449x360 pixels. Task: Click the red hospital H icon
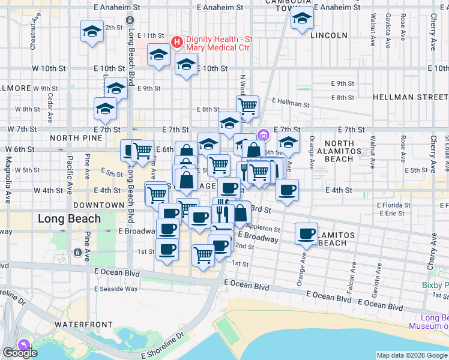pyautogui.click(x=177, y=42)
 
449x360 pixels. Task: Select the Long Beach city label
pyautogui.click(x=69, y=218)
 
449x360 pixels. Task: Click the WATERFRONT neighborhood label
pyautogui.click(x=83, y=325)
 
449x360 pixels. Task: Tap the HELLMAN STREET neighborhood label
pyautogui.click(x=410, y=97)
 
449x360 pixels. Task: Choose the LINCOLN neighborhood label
pyautogui.click(x=329, y=35)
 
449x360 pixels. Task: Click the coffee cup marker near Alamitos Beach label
pyautogui.click(x=306, y=233)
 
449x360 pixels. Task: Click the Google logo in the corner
pyautogui.click(x=19, y=353)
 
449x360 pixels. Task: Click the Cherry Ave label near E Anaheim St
pyautogui.click(x=433, y=24)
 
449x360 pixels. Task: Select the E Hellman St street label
pyautogui.click(x=291, y=103)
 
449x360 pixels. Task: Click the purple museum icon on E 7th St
pyautogui.click(x=262, y=134)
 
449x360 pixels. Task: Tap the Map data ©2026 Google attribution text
pyautogui.click(x=412, y=355)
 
